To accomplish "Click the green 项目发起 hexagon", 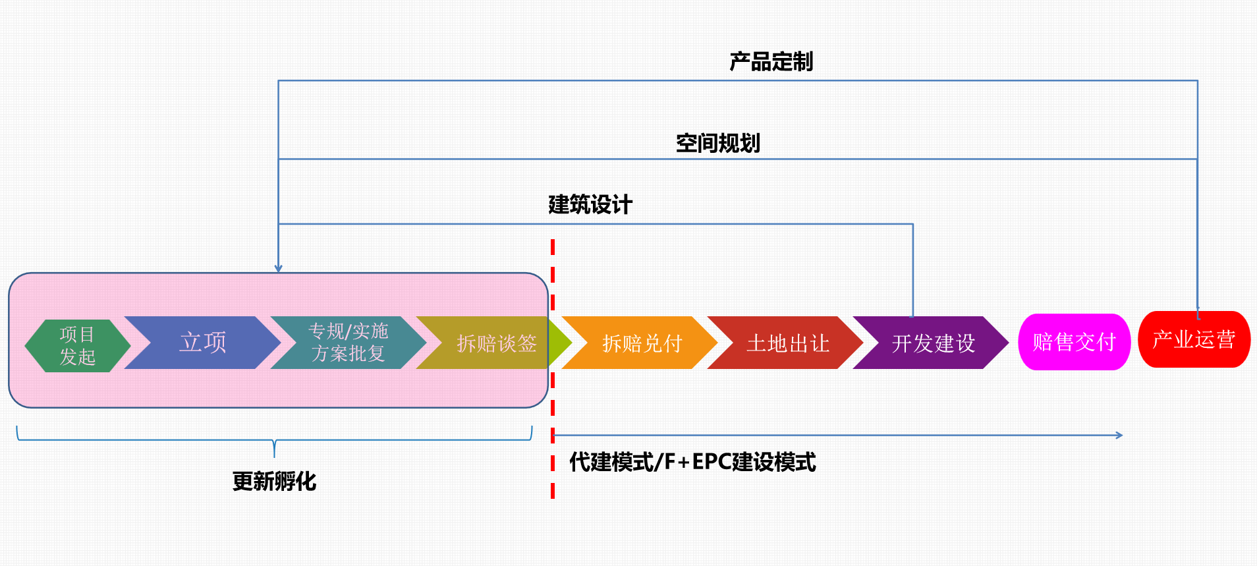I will coord(77,345).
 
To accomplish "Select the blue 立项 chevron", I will coord(203,343).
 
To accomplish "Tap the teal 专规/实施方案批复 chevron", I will coord(348,343).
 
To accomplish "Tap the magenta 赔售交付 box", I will coord(1074,342).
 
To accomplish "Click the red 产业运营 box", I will coord(1194,339).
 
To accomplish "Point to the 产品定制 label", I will coord(771,62).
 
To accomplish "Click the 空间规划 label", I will coord(717,143).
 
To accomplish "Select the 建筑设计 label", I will coord(590,205).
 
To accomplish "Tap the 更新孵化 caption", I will coord(274,482).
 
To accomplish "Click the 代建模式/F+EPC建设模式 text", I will coord(692,462).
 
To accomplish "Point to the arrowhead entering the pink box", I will coord(279,269).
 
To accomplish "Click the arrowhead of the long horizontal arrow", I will coord(1119,435).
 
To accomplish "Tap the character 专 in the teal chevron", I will coord(317,331).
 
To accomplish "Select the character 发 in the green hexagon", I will coord(69,357).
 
